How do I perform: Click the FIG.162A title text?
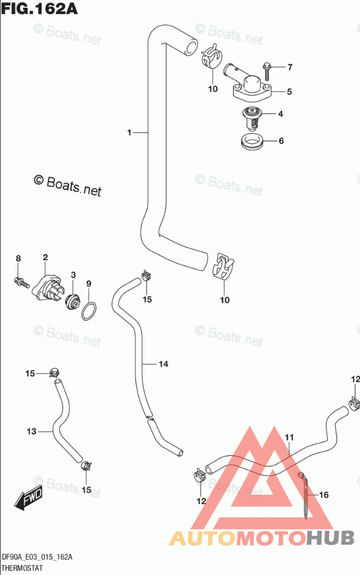point(39,8)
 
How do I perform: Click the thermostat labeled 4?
point(251,118)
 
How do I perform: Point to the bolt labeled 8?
point(22,282)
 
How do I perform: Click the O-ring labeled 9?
point(89,311)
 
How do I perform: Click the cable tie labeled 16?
point(304,495)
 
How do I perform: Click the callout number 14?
point(163,364)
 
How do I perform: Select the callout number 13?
point(31,431)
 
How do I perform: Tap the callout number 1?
point(129,132)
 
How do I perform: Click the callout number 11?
point(289,437)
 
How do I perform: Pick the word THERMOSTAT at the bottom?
point(22,568)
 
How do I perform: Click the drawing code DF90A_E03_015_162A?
point(37,558)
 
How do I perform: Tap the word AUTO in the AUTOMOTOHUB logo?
point(202,538)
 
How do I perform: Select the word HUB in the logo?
point(330,538)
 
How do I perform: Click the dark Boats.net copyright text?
point(67,185)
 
